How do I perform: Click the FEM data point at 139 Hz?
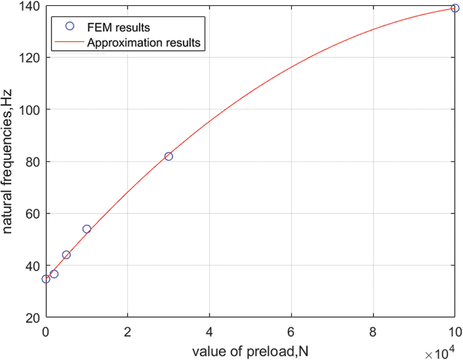pos(455,8)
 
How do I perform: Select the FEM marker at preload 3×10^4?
pos(168,156)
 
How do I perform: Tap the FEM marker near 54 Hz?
pos(86,229)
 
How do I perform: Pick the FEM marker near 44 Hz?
pos(66,255)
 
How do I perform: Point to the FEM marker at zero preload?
pos(46,279)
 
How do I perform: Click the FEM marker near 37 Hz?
pos(54,274)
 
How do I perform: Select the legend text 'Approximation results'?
pos(143,43)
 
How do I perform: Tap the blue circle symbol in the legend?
pos(70,26)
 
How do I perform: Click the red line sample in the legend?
pos(70,43)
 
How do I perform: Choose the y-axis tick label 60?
pos(33,214)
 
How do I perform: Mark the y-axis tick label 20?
pos(33,318)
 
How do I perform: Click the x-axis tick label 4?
pos(209,332)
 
